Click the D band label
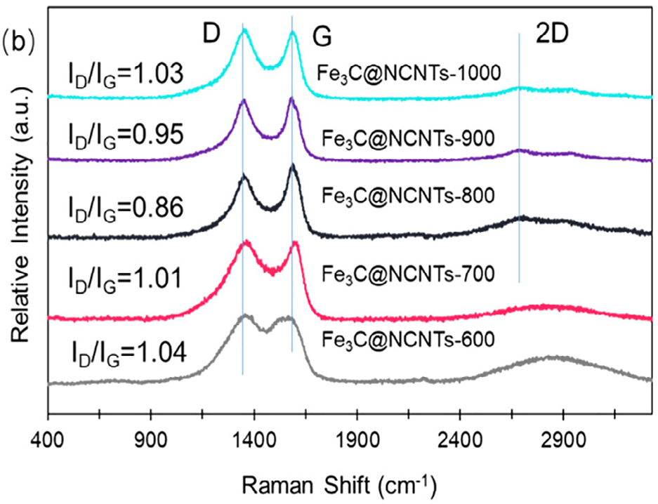pyautogui.click(x=211, y=33)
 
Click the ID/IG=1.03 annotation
pyautogui.click(x=126, y=72)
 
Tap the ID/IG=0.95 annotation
pyautogui.click(x=126, y=134)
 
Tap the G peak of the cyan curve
pyautogui.click(x=292, y=33)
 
